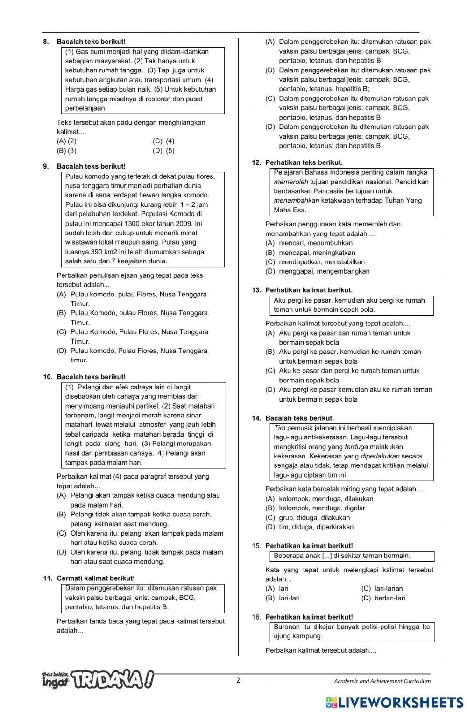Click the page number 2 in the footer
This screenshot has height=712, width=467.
pos(238,680)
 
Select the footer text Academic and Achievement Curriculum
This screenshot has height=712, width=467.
pos(382,681)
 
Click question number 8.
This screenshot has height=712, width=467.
pos(46,42)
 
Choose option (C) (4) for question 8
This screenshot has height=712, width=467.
pos(163,141)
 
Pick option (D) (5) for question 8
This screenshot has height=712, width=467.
pos(163,151)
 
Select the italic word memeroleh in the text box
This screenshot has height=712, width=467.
pos(290,182)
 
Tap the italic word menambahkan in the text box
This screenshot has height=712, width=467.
pos(297,200)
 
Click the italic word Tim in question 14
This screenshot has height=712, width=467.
pos(279,428)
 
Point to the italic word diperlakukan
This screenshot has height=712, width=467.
pos(380,456)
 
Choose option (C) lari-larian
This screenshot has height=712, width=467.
pos(382,588)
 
